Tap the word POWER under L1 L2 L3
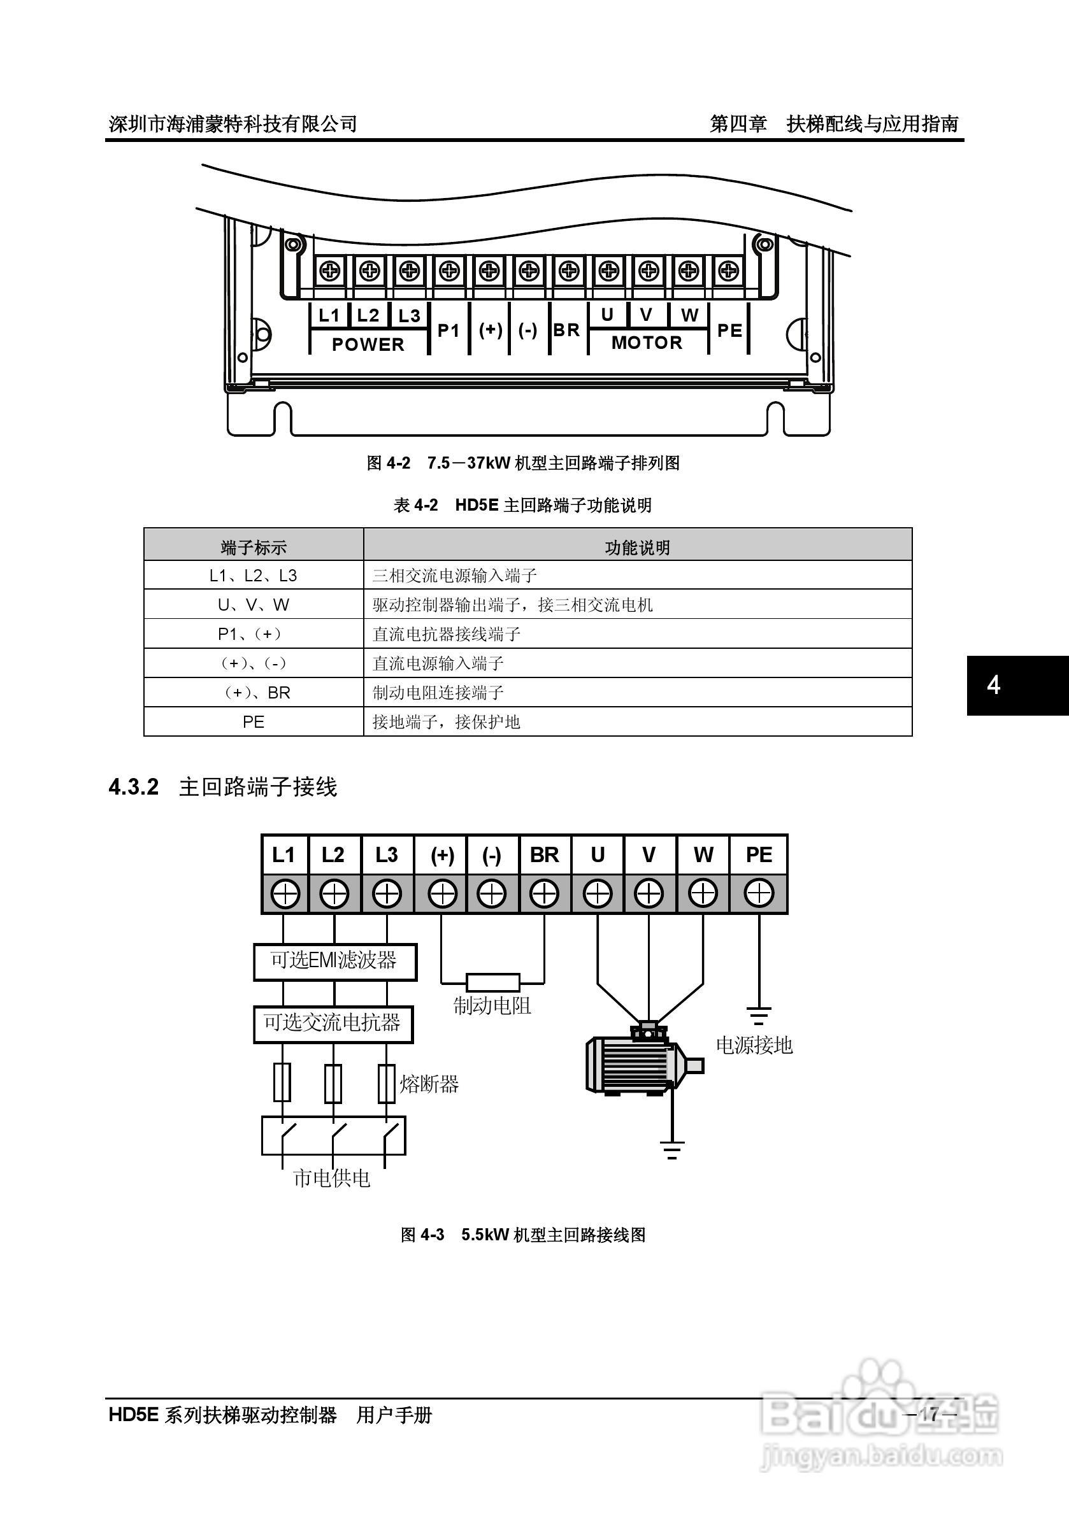point(368,344)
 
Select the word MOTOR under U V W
point(647,342)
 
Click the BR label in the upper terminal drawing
point(566,329)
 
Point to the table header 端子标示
point(254,548)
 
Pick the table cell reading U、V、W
point(254,604)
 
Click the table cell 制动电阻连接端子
point(438,692)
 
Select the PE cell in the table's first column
point(254,721)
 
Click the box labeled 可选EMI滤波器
point(335,961)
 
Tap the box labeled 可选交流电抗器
point(334,1024)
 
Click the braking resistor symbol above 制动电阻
point(493,982)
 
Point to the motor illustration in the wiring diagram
point(644,1061)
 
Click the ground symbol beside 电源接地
point(759,1014)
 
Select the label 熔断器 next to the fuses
point(429,1084)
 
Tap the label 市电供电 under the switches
point(332,1178)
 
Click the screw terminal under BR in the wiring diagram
point(545,894)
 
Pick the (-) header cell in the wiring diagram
point(492,855)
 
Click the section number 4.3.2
point(133,787)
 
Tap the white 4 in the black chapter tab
point(994,685)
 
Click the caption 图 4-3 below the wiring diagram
point(423,1235)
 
